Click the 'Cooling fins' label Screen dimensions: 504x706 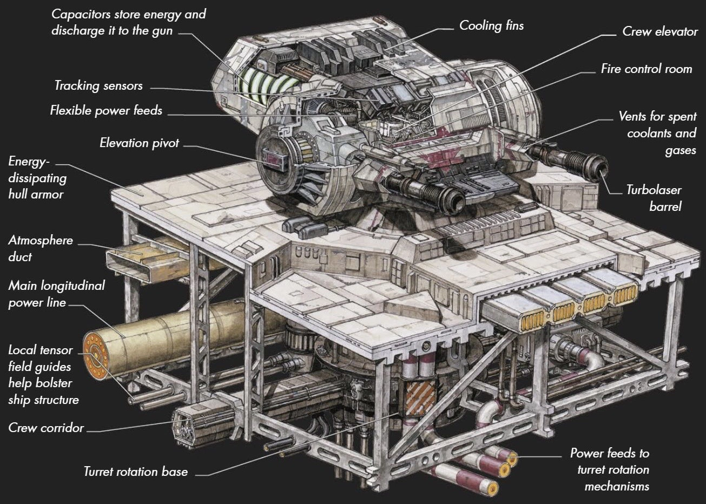point(491,25)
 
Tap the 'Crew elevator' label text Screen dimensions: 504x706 point(659,31)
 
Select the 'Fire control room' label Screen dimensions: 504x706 point(646,69)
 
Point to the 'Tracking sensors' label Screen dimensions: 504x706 point(98,85)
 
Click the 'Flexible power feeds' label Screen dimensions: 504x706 point(106,111)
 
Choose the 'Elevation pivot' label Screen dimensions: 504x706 point(139,143)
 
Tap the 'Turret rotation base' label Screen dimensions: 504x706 point(135,472)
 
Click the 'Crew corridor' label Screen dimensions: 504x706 point(46,428)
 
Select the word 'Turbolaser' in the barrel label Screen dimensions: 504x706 point(654,190)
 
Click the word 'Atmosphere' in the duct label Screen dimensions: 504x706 point(41,241)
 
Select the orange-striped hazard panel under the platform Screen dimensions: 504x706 point(417,397)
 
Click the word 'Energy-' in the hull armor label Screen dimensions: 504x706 point(29,162)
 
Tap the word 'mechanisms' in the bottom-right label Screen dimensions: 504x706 point(617,486)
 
